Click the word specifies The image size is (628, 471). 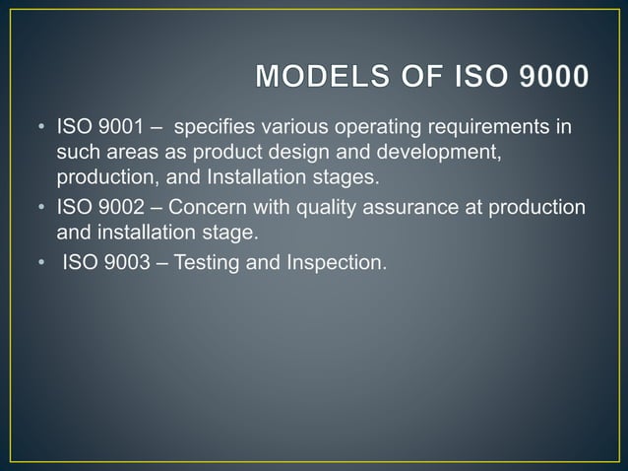[211, 129]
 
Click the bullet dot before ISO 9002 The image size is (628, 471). [41, 208]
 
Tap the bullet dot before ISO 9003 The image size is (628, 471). [41, 263]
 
